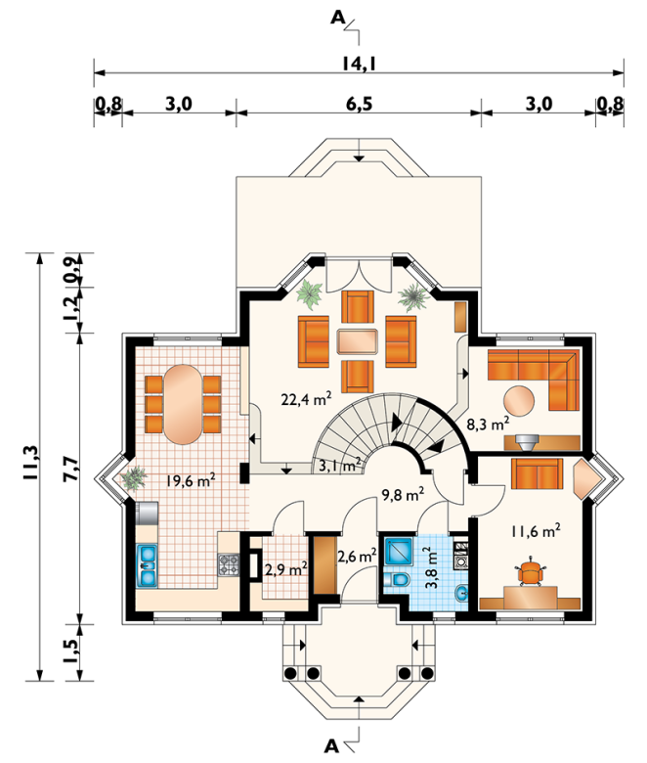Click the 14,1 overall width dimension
click(x=359, y=63)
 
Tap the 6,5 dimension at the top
click(x=360, y=104)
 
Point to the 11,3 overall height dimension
click(x=31, y=463)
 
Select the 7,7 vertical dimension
click(x=71, y=469)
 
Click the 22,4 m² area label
click(x=306, y=399)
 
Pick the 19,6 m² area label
click(x=191, y=480)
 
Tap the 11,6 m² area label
click(x=536, y=531)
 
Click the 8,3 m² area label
click(x=488, y=424)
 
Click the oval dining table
click(x=183, y=404)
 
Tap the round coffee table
click(x=519, y=401)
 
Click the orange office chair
click(x=531, y=572)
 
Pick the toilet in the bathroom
click(x=398, y=579)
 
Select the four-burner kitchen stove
click(x=229, y=564)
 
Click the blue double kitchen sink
click(x=147, y=565)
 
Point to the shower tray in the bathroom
click(x=398, y=551)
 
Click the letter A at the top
click(x=337, y=18)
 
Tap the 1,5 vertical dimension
click(x=71, y=651)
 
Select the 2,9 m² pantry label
click(x=285, y=569)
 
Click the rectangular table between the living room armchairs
click(x=358, y=341)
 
